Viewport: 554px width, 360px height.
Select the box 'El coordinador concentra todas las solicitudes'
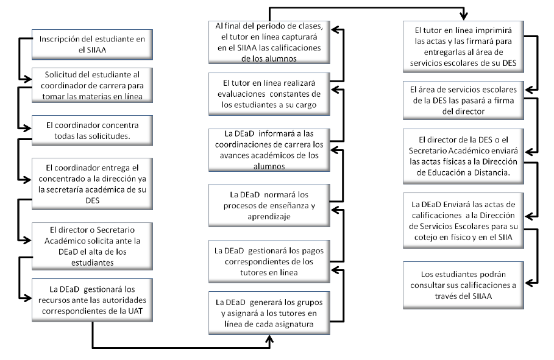(x=91, y=129)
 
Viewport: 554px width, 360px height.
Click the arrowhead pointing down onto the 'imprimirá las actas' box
(x=464, y=18)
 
